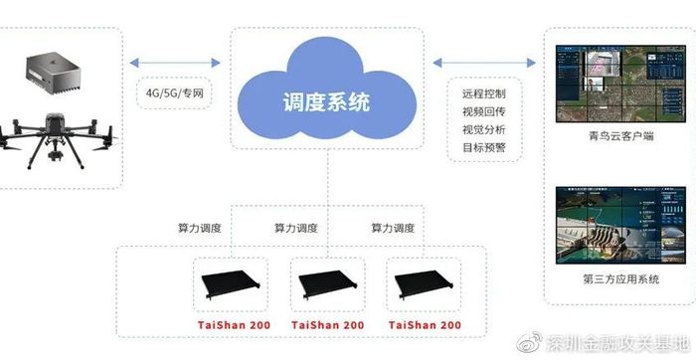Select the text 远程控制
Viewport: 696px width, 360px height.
click(x=484, y=93)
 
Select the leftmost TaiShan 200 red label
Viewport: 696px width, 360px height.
click(x=224, y=325)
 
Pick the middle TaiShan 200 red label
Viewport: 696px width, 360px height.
click(x=326, y=325)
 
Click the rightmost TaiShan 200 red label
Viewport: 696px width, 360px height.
click(x=427, y=325)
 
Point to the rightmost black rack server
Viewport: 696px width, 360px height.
click(x=427, y=283)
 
